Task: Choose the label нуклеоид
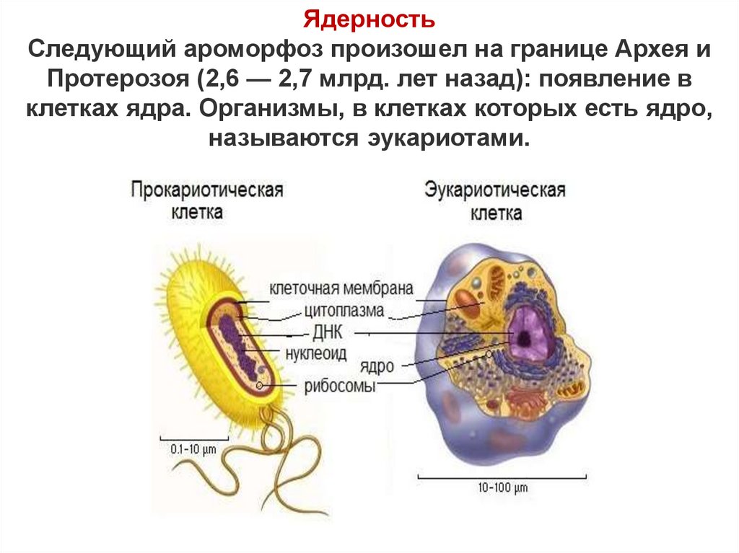click(x=316, y=353)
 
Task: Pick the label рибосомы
click(x=341, y=386)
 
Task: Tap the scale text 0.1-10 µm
click(x=193, y=449)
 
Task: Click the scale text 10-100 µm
click(x=503, y=487)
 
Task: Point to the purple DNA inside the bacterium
click(x=238, y=345)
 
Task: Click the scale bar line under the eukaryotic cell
click(x=503, y=475)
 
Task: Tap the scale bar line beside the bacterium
click(x=193, y=437)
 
